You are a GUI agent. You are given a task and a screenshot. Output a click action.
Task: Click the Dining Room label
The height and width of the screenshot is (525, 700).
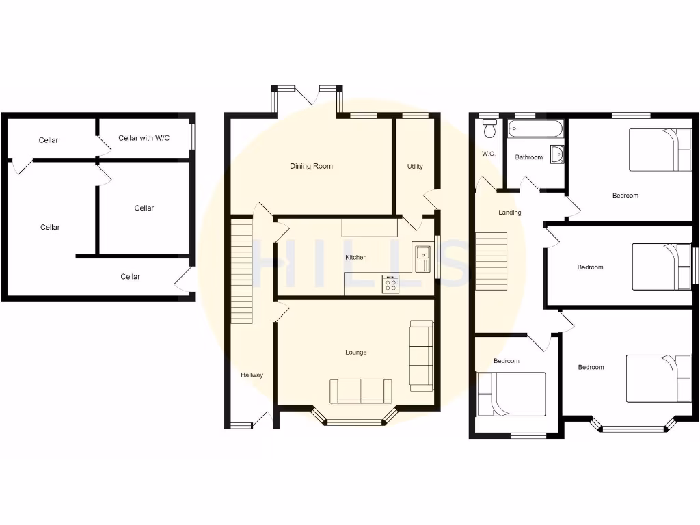[x=311, y=166]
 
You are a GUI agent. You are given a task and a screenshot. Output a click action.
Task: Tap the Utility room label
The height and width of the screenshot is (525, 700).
[x=415, y=167]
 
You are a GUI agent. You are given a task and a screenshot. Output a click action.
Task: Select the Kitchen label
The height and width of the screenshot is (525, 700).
[x=355, y=257]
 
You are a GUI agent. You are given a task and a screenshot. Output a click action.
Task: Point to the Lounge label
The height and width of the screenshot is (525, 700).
[x=355, y=353]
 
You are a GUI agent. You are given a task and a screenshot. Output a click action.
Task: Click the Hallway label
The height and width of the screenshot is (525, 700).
[x=252, y=375]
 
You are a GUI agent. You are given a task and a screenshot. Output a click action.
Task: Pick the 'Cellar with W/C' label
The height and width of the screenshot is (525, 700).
[x=144, y=138]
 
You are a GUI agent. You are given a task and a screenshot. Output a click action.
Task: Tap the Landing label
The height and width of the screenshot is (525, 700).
[x=509, y=213]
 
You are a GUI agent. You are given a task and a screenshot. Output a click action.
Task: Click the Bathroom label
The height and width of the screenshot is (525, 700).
[x=528, y=157]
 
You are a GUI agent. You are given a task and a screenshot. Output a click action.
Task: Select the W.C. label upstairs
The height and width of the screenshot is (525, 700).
[x=488, y=154]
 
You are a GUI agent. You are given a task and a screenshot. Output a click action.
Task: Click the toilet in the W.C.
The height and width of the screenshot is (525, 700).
[x=489, y=129]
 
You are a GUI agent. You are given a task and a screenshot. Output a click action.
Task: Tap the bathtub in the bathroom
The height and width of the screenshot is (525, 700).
[x=536, y=128]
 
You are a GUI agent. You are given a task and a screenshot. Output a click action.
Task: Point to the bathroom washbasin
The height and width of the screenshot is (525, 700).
[x=556, y=155]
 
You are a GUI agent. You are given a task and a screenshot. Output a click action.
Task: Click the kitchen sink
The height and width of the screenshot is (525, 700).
[x=422, y=256]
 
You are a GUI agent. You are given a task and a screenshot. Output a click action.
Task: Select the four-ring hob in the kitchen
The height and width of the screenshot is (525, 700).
[x=391, y=284]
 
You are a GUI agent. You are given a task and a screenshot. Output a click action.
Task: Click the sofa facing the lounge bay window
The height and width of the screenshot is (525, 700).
[x=361, y=391]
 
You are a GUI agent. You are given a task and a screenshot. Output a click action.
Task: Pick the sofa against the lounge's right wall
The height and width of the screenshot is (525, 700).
[x=420, y=355]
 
